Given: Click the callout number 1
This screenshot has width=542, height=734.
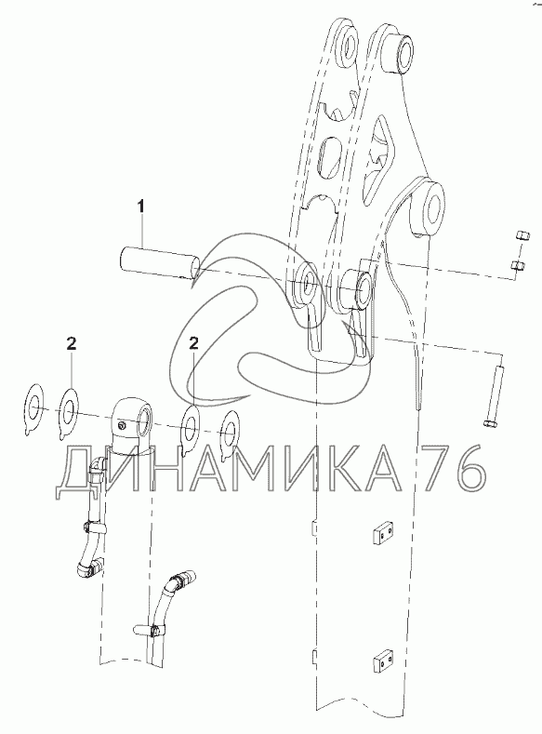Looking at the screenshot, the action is tap(140, 206).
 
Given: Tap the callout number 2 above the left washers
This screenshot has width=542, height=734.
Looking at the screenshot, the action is tap(71, 344).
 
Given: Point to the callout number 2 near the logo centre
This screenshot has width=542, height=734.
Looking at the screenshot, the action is tap(193, 344).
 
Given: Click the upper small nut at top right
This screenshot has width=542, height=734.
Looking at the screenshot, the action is tap(522, 236).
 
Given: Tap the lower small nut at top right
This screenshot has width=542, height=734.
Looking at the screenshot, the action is tap(518, 266).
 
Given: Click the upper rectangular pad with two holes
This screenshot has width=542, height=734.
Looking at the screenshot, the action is tap(384, 534).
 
